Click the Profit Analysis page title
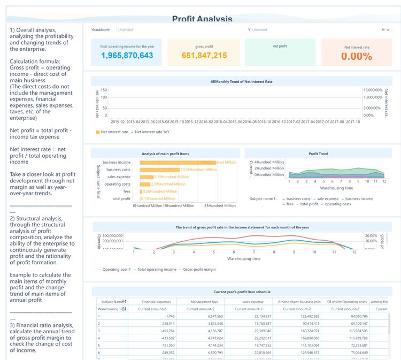point(202,19)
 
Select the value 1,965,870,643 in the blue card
point(127,56)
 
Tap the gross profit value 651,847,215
point(204,56)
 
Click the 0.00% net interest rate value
point(357,56)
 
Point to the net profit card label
point(280,47)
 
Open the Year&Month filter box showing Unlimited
point(126,30)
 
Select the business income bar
point(176,162)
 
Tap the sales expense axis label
point(119,177)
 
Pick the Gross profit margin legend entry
point(199,270)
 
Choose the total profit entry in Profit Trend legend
point(309,204)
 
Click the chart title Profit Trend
point(318,154)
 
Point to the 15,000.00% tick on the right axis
point(373,90)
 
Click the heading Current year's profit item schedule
point(242,292)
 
